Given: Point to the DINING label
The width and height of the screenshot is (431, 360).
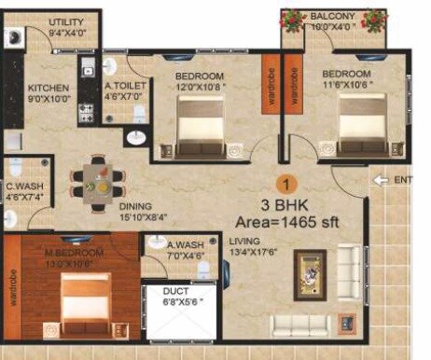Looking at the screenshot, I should (x=136, y=207).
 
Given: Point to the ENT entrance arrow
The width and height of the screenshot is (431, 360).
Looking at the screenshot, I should (x=380, y=179).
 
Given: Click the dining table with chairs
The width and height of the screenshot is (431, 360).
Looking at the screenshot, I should (x=97, y=178).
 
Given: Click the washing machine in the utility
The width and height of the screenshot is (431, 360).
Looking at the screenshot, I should (x=13, y=38).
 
